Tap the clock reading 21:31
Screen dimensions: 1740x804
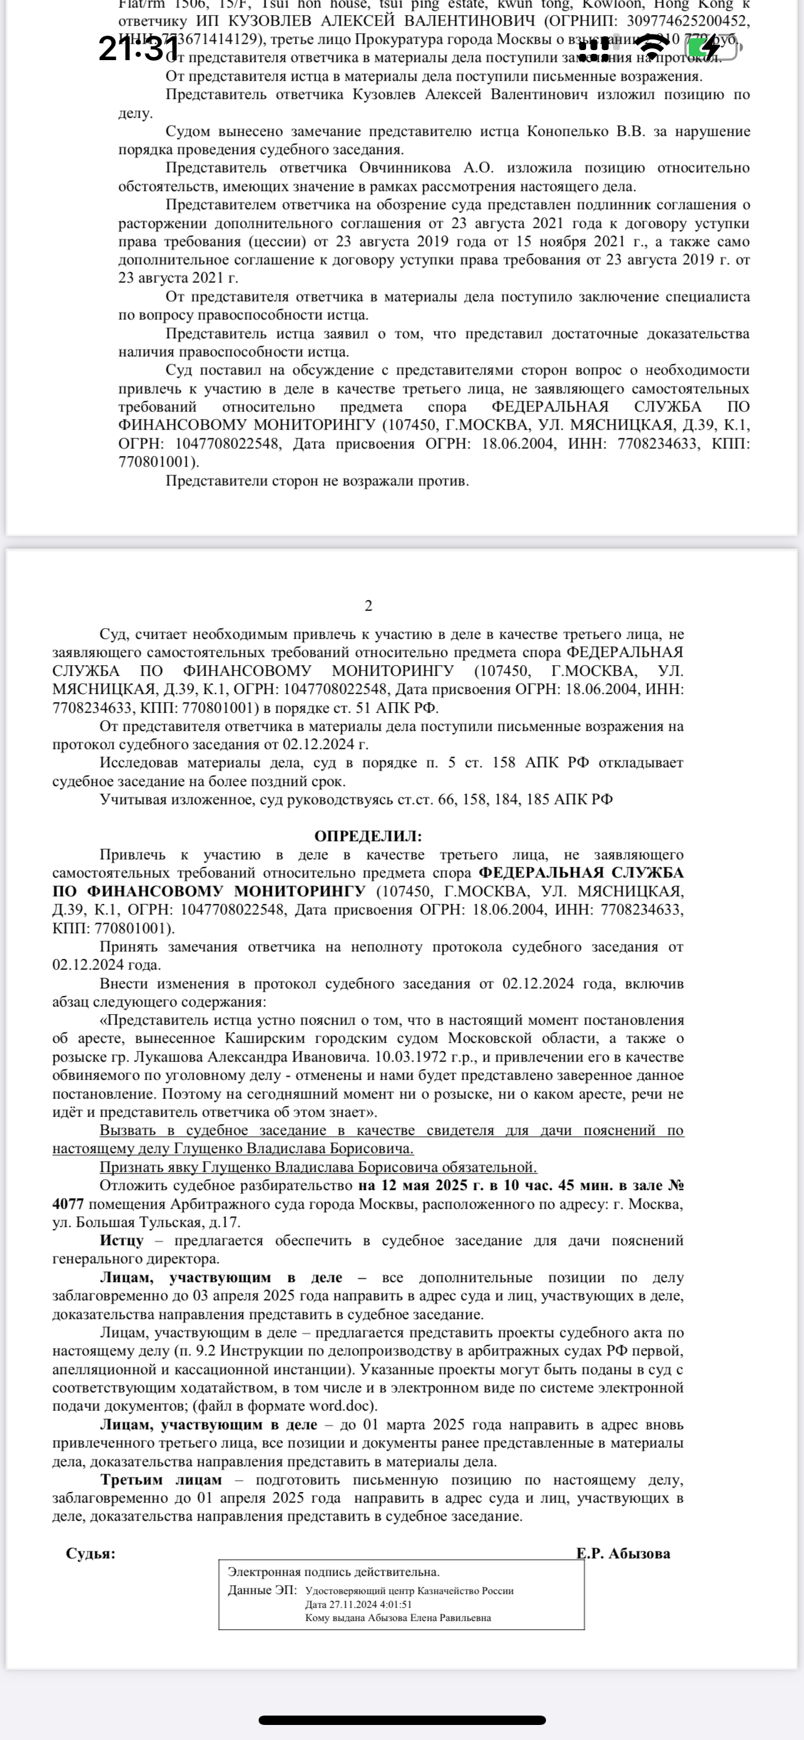pos(139,49)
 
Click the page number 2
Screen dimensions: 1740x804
pos(368,606)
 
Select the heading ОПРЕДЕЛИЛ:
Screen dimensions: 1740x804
pos(368,836)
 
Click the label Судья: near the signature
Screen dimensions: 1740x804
pos(90,1553)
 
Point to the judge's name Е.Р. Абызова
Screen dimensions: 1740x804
pos(623,1553)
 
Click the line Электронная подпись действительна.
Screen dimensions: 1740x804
pos(334,1572)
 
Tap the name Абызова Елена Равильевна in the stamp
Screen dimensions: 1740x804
pos(430,1618)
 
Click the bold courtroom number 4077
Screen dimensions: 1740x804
pos(68,1204)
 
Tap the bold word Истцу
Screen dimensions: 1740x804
pos(121,1240)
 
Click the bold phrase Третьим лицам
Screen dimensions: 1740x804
pos(161,1479)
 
